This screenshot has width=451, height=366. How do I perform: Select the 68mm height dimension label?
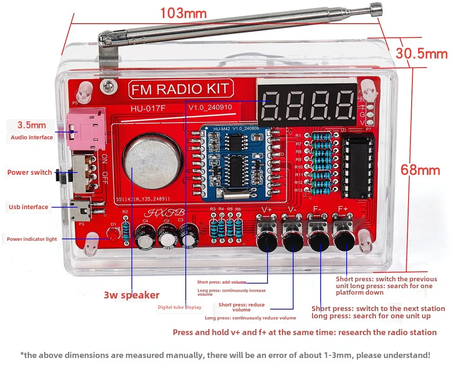tap(420, 170)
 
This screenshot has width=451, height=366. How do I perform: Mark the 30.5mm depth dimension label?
tap(421, 54)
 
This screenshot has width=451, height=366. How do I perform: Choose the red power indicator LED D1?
tap(113, 233)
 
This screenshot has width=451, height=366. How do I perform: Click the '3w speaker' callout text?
tap(131, 295)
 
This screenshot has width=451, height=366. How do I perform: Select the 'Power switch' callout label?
tap(29, 173)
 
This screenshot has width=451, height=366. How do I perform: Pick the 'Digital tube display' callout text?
tap(179, 307)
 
